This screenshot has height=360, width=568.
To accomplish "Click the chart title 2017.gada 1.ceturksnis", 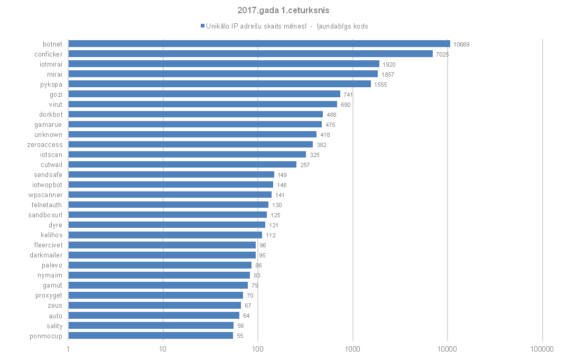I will pos(284,10).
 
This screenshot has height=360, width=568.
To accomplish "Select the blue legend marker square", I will pos(202,26).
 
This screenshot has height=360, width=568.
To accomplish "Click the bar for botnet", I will pos(259,44).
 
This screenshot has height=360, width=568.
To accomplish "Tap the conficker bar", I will pos(250,54).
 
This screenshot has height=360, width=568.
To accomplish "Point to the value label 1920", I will pos(389,64).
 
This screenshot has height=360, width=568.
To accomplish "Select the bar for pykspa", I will pos(219,84).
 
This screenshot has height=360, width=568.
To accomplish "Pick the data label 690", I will pos(346,105).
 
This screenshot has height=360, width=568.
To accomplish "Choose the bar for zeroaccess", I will pos(190,144).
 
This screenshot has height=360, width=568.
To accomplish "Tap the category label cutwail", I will pos(51,164).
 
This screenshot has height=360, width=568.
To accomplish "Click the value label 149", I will pos(282,175).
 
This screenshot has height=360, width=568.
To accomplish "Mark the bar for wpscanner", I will pos(170,195).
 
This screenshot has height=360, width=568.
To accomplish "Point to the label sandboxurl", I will pos(45,215).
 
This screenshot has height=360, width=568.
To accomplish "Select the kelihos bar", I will pos(165,235).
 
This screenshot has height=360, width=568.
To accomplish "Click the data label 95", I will pos(262,255).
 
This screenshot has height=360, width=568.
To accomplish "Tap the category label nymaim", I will pos(50,275).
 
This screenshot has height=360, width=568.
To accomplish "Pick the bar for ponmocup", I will pos(151,335).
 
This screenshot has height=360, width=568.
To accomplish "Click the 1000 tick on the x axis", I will pos(352,349).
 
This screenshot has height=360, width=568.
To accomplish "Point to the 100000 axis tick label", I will pos(542,349).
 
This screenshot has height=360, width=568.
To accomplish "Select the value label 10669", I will pos(461,44).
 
